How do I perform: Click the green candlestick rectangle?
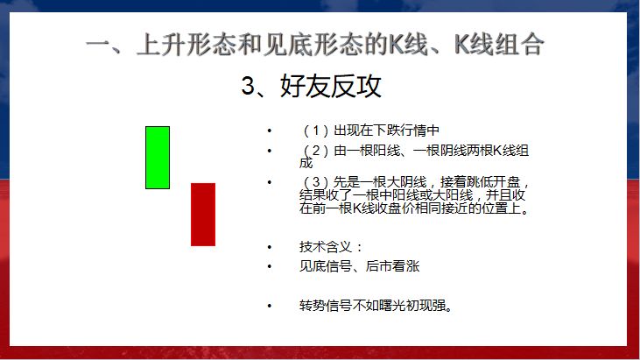click(x=158, y=157)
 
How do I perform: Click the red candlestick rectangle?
click(x=203, y=214)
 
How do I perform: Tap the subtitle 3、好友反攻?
click(x=311, y=86)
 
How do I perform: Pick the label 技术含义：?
click(x=330, y=246)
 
